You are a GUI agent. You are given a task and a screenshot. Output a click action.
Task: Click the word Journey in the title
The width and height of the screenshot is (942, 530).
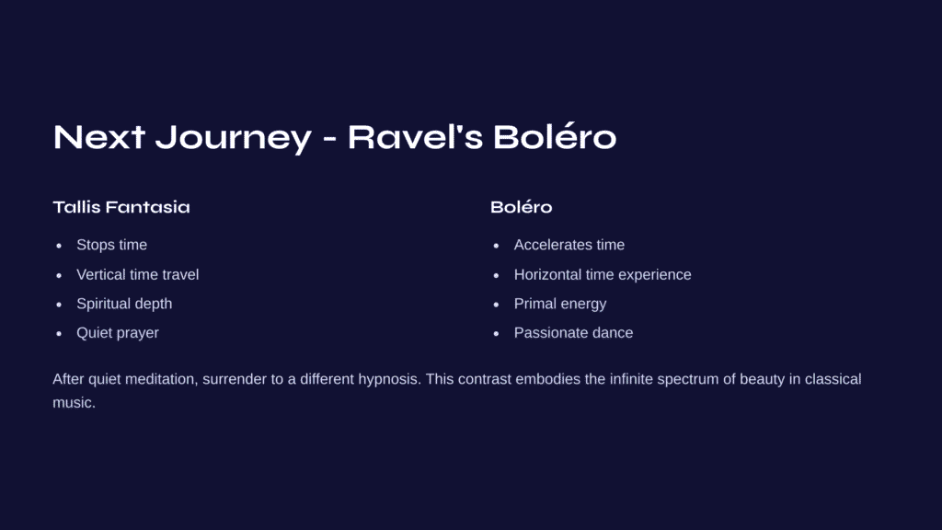(x=234, y=138)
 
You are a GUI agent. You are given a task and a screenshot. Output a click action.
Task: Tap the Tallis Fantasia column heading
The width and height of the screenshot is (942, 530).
(x=121, y=207)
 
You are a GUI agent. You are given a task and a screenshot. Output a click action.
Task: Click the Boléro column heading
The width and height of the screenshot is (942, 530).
(x=521, y=207)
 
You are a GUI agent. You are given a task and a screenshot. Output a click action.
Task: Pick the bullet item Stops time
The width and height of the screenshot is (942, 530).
(x=111, y=245)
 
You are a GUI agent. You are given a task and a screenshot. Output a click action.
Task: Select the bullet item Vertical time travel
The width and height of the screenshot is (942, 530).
(x=138, y=274)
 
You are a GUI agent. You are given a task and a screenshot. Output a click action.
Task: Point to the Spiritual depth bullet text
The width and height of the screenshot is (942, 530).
(x=124, y=304)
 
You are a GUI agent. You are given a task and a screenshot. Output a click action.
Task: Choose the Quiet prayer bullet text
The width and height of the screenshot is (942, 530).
(x=118, y=333)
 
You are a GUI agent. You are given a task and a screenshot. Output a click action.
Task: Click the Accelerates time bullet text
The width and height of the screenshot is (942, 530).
(x=569, y=245)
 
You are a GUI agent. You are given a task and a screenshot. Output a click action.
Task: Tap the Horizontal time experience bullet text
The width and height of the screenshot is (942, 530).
(x=603, y=274)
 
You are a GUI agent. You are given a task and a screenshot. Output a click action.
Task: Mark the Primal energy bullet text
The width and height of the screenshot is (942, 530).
(x=560, y=304)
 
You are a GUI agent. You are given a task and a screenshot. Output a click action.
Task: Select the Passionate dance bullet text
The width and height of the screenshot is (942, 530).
(x=573, y=333)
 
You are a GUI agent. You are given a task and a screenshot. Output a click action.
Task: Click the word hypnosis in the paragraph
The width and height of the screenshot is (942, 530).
(x=389, y=379)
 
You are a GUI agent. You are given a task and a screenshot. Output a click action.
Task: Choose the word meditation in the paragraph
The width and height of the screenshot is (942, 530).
(x=161, y=379)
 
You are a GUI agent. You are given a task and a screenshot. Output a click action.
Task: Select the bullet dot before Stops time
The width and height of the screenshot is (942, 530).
(x=59, y=246)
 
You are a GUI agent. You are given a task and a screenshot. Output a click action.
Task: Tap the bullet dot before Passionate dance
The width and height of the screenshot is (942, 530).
(x=496, y=333)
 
